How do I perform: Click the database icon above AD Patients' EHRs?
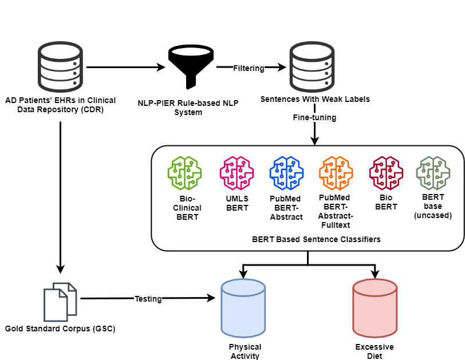[60, 67]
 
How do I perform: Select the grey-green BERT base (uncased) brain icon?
[434, 172]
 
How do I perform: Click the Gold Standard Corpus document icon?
[60, 302]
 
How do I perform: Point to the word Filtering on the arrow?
[249, 68]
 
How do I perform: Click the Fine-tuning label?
[314, 117]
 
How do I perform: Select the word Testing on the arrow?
[148, 299]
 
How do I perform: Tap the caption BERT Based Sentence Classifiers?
[308, 239]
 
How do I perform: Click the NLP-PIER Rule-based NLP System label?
[188, 108]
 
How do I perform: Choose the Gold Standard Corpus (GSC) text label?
[60, 329]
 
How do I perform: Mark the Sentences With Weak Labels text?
[315, 99]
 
